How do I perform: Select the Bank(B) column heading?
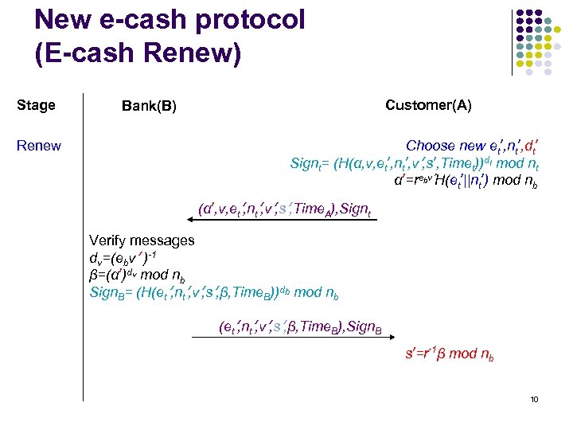pyautogui.click(x=149, y=106)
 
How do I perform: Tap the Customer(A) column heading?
pyautogui.click(x=427, y=105)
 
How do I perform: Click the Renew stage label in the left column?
pyautogui.click(x=39, y=146)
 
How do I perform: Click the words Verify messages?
pyautogui.click(x=142, y=240)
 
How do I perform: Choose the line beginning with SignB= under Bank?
pyautogui.click(x=214, y=292)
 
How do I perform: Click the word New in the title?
pyautogui.click(x=64, y=20)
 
